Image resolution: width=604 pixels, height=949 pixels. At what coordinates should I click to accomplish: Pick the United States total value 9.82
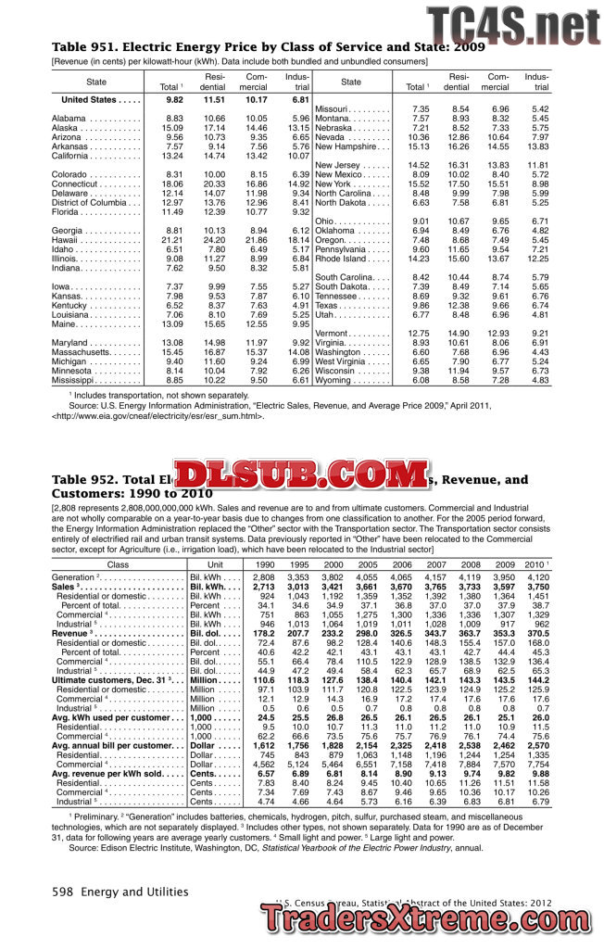pyautogui.click(x=173, y=99)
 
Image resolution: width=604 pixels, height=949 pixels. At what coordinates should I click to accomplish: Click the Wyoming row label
pyautogui.click(x=339, y=380)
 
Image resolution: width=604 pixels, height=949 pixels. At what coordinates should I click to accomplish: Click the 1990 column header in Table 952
pyautogui.click(x=264, y=563)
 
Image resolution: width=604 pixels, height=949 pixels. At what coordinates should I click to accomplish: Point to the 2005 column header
pyautogui.click(x=368, y=563)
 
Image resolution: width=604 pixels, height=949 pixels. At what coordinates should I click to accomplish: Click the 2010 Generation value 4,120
pyautogui.click(x=537, y=576)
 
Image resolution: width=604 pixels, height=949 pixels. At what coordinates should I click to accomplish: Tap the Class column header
pyautogui.click(x=119, y=563)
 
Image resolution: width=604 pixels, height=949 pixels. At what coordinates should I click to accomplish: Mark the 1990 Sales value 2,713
pyautogui.click(x=264, y=587)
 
